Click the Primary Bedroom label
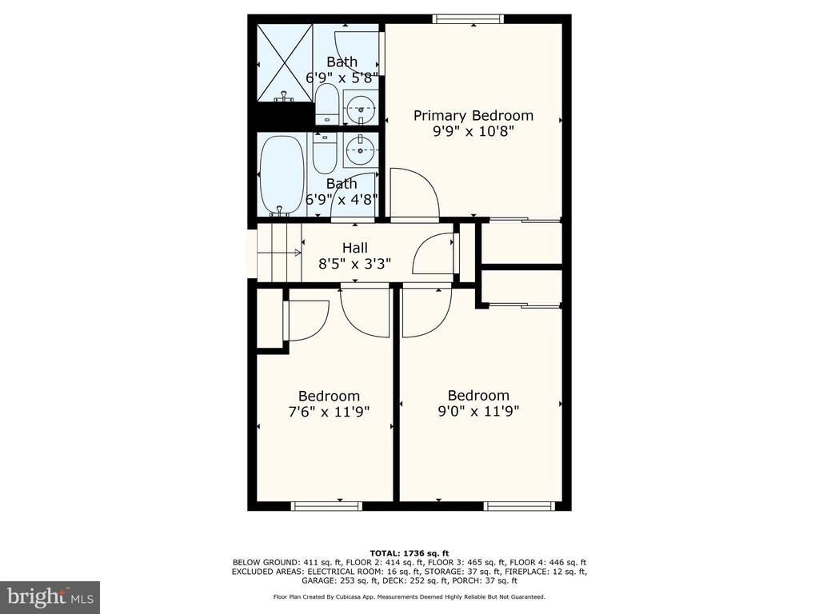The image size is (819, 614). pyautogui.click(x=473, y=116)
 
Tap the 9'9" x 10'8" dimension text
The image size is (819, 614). pyautogui.click(x=473, y=131)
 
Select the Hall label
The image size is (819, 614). pyautogui.click(x=354, y=248)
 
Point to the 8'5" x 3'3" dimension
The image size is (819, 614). pyautogui.click(x=354, y=264)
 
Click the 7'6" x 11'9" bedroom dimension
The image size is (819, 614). pyautogui.click(x=329, y=412)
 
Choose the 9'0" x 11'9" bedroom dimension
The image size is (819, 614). pyautogui.click(x=478, y=412)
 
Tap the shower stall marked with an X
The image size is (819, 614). pyautogui.click(x=286, y=62)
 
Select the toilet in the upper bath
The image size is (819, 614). pyautogui.click(x=327, y=103)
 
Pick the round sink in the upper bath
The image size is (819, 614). pyautogui.click(x=361, y=108)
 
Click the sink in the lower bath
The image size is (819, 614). pyautogui.click(x=361, y=150)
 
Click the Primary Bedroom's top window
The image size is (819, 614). pyautogui.click(x=469, y=19)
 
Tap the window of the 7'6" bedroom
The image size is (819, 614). pyautogui.click(x=326, y=506)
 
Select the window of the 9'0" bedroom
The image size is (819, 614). pyautogui.click(x=518, y=506)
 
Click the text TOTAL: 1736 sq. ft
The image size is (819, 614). pyautogui.click(x=409, y=553)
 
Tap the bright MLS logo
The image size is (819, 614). pyautogui.click(x=50, y=596)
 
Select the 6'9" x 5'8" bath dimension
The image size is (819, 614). pyautogui.click(x=342, y=78)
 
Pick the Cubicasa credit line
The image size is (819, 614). pyautogui.click(x=409, y=596)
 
